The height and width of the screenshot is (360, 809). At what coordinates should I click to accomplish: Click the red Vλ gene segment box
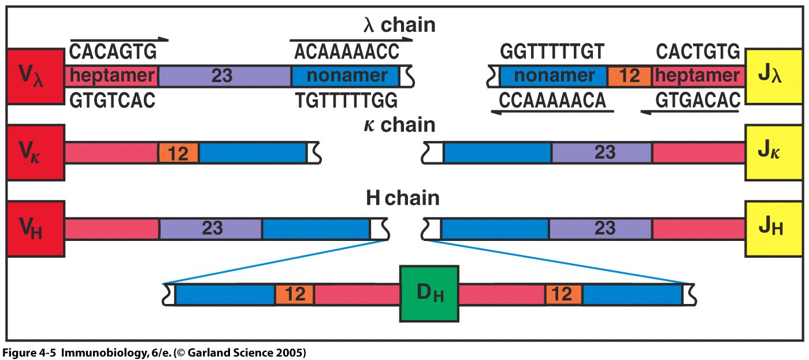click(35, 76)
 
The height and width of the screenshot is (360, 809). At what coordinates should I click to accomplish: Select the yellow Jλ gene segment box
click(774, 76)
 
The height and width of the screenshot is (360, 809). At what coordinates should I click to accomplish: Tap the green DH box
click(429, 294)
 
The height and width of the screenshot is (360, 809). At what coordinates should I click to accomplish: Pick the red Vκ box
click(35, 153)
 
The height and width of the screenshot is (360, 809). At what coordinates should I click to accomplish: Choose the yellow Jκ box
click(774, 153)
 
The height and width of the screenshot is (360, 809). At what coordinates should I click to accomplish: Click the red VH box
click(35, 229)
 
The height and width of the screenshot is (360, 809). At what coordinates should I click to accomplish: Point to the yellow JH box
click(774, 229)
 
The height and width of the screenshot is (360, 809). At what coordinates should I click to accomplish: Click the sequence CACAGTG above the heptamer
click(113, 53)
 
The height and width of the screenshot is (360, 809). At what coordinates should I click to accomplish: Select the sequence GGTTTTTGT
click(552, 53)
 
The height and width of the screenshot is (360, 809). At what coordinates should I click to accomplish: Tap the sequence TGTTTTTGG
click(346, 100)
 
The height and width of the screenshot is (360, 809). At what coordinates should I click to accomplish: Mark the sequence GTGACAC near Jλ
click(698, 100)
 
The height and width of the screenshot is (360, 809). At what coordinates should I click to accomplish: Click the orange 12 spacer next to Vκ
click(179, 153)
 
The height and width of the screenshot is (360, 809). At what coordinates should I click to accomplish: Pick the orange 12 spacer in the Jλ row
click(629, 76)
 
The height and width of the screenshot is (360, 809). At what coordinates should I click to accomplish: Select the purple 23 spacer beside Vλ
click(225, 76)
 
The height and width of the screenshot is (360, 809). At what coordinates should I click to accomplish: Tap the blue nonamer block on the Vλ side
click(346, 76)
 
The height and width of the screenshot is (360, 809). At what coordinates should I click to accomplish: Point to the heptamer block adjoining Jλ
click(699, 76)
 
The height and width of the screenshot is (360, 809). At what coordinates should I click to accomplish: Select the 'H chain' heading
click(402, 198)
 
